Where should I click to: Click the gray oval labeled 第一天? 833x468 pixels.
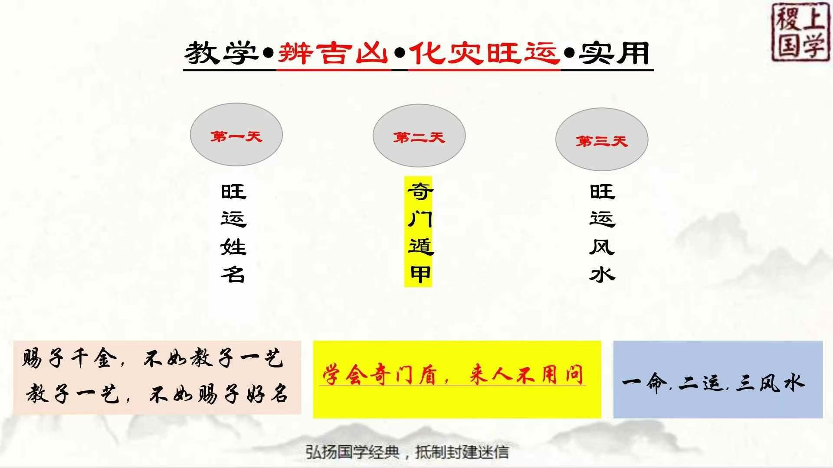point(236,134)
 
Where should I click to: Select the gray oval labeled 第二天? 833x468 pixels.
point(419,136)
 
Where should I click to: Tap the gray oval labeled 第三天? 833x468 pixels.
point(602,139)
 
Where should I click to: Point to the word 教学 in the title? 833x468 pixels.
point(222,53)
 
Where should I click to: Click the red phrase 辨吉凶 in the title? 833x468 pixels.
point(333,53)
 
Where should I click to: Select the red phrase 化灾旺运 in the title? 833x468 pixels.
point(483,53)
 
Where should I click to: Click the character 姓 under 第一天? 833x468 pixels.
point(233,247)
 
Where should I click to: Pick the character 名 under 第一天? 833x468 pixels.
point(233,274)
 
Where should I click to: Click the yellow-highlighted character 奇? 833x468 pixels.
point(420,192)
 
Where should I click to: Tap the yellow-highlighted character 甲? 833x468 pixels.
point(420,274)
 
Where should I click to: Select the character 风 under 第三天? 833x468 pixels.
point(602,247)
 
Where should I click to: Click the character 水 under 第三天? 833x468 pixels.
point(602,274)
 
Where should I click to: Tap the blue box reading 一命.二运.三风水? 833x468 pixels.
point(718,380)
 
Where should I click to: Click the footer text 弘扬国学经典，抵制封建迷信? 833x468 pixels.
point(407,452)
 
